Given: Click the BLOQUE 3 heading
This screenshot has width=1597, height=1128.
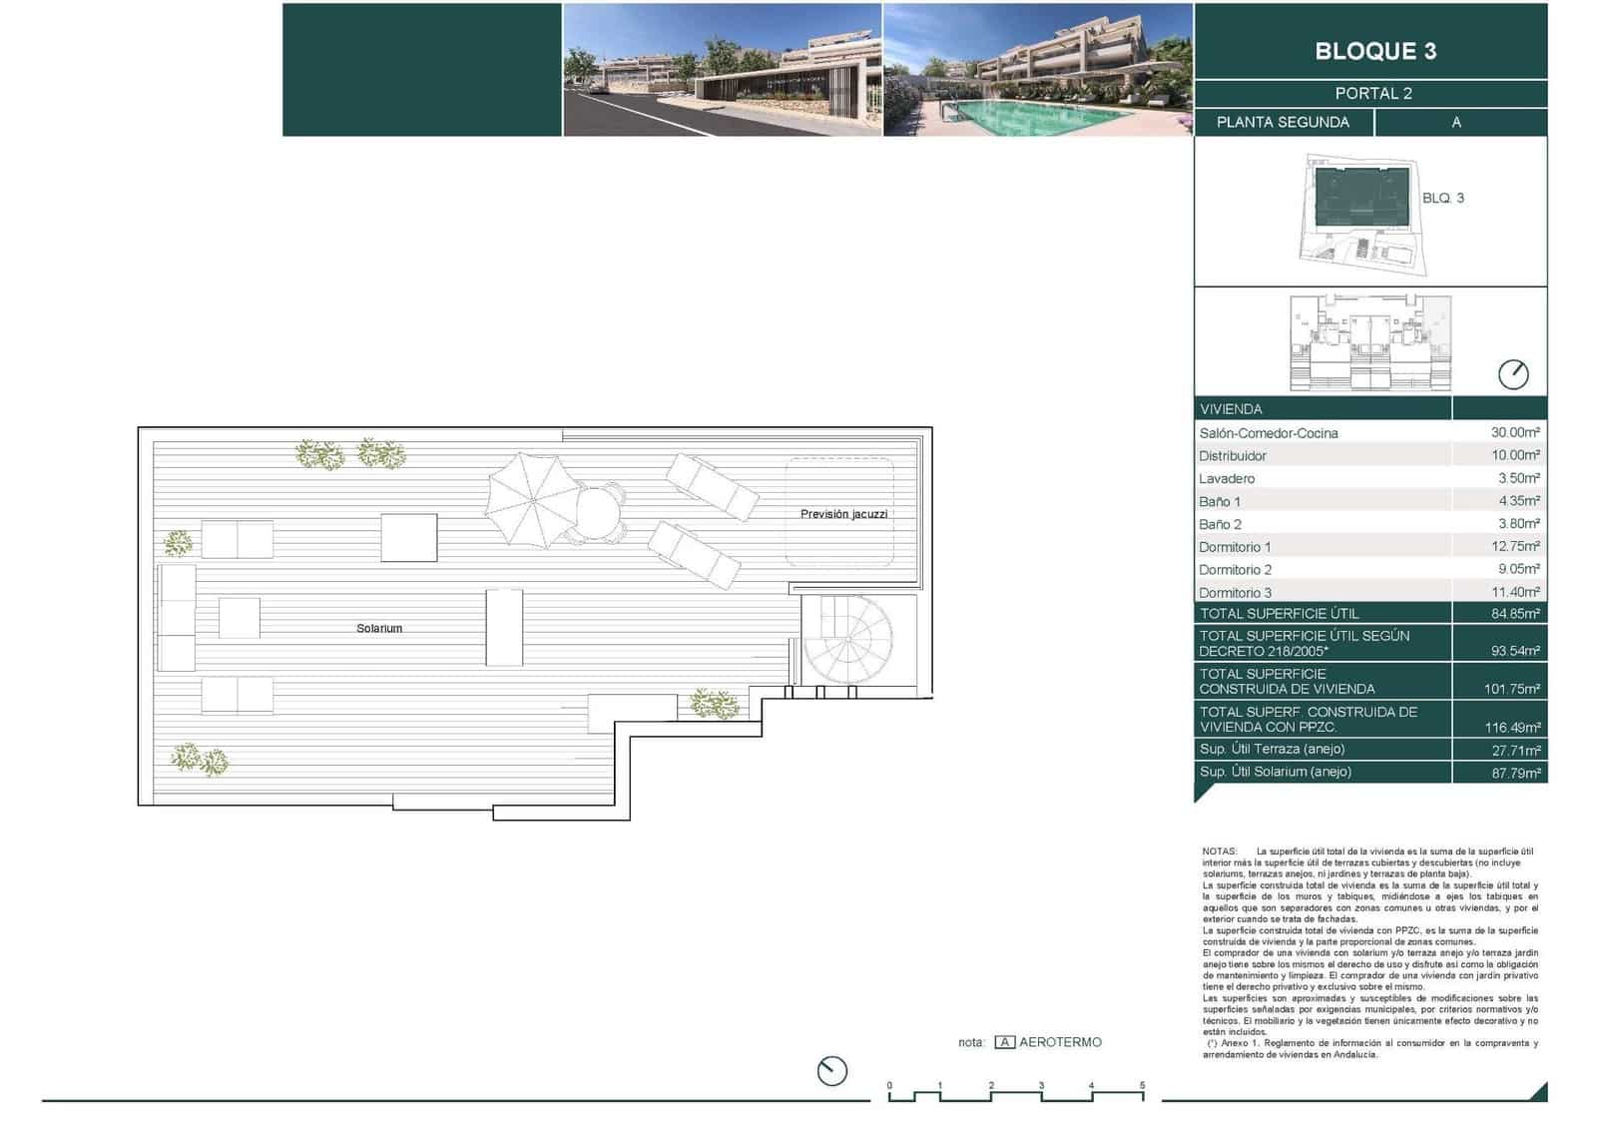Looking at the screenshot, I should pyautogui.click(x=1374, y=51).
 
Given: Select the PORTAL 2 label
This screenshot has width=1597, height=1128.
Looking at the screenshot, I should pyautogui.click(x=1373, y=94).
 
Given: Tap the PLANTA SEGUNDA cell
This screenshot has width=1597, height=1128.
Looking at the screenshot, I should pyautogui.click(x=1283, y=122).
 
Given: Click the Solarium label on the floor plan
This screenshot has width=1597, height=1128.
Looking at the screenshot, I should pyautogui.click(x=379, y=629).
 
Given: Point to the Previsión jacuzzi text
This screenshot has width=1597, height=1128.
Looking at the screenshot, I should pyautogui.click(x=843, y=514).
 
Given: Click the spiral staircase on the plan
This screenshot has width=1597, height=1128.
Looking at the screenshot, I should pyautogui.click(x=848, y=640).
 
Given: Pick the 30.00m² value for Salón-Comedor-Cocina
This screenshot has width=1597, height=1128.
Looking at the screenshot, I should pyautogui.click(x=1515, y=432).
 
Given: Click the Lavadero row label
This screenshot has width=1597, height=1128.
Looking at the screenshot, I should pyautogui.click(x=1227, y=479).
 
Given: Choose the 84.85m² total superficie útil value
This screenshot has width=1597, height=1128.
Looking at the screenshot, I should pyautogui.click(x=1515, y=614).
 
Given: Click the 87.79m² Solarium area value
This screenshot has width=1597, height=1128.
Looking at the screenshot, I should pyautogui.click(x=1515, y=773).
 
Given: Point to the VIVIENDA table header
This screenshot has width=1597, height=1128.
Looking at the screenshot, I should pyautogui.click(x=1231, y=409).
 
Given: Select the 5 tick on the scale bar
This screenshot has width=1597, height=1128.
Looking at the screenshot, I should pyautogui.click(x=1142, y=1085).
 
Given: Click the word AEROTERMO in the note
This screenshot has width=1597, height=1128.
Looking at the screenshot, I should pyautogui.click(x=1060, y=1042).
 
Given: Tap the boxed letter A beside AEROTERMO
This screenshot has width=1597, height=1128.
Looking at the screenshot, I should pyautogui.click(x=1005, y=1042).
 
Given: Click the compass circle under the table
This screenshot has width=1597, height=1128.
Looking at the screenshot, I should pyautogui.click(x=1513, y=374).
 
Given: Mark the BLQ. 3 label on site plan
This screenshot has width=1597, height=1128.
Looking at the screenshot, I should pyautogui.click(x=1442, y=199).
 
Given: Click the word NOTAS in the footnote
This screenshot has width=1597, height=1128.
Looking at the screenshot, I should pyautogui.click(x=1219, y=851).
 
